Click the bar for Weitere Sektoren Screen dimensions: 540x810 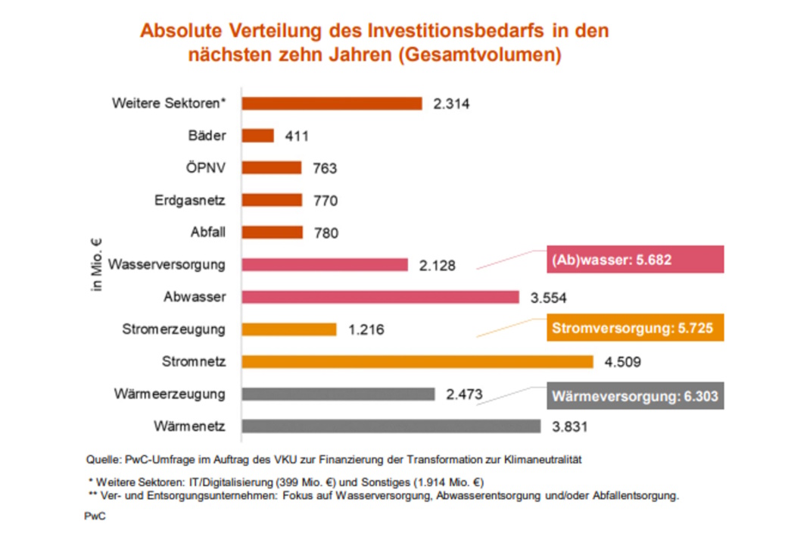(x=332, y=103)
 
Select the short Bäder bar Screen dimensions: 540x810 (x=258, y=136)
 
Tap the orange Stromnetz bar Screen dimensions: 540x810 (x=417, y=361)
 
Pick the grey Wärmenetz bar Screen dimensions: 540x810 (x=391, y=426)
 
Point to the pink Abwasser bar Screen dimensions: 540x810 (x=380, y=297)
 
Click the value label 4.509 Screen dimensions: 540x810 (x=622, y=362)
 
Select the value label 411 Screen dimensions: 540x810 (x=298, y=136)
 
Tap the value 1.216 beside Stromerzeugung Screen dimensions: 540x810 (x=366, y=330)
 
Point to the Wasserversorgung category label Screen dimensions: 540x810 (x=167, y=265)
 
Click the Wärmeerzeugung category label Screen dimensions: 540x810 (x=170, y=394)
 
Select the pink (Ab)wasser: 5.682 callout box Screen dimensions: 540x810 (x=634, y=259)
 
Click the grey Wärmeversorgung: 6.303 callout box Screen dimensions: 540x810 (x=634, y=395)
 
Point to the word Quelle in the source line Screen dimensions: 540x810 (x=101, y=459)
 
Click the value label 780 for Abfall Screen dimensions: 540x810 (x=326, y=233)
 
